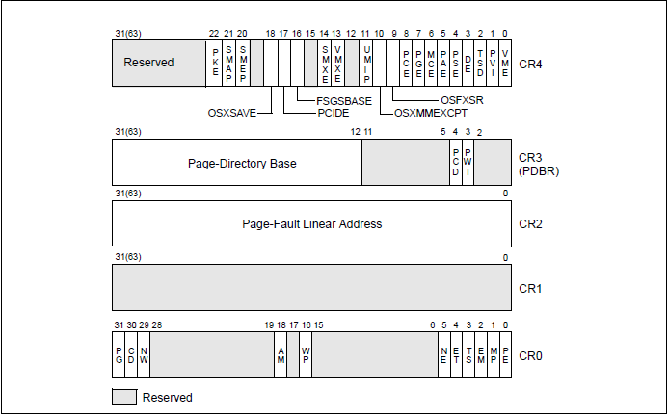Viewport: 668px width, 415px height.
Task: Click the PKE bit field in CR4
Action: pos(215,63)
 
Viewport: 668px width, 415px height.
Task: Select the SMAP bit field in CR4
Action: pos(228,63)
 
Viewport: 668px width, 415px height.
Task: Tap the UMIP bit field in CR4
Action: pos(366,63)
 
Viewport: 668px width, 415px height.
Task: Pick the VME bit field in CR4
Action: pos(506,63)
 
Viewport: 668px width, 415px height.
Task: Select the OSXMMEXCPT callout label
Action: pos(431,113)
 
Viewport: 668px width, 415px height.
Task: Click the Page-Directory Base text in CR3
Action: pos(242,163)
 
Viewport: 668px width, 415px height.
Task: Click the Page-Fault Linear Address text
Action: pos(311,223)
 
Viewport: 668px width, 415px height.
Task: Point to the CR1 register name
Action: pos(530,288)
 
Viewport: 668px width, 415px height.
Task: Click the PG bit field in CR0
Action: pos(119,355)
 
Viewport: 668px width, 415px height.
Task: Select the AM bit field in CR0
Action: pos(281,355)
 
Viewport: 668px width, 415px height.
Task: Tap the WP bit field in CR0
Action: pos(306,355)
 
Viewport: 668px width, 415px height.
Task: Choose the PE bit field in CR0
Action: pos(506,355)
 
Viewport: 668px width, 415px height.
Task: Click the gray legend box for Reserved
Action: pos(123,397)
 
